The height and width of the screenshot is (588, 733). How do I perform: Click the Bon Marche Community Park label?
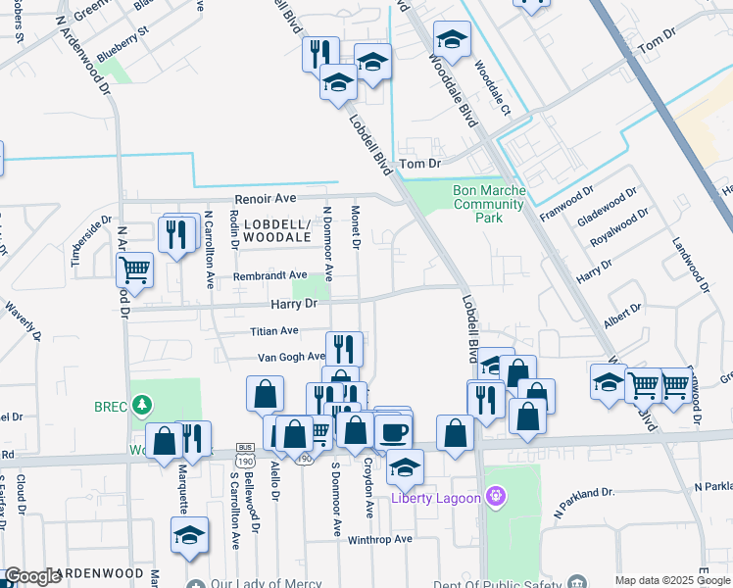(x=491, y=204)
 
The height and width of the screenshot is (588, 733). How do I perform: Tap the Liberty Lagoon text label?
(x=436, y=498)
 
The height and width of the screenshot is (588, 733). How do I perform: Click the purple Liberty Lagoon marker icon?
(x=496, y=498)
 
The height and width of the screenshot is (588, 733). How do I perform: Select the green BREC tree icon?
(x=143, y=404)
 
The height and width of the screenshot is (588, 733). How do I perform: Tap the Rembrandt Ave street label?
(x=269, y=277)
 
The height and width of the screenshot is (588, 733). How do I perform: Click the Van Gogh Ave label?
(x=291, y=358)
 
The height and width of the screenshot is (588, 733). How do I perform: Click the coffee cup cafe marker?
(x=395, y=431)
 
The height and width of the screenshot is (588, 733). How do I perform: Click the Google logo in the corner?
(x=33, y=576)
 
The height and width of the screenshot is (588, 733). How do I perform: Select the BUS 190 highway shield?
(x=246, y=458)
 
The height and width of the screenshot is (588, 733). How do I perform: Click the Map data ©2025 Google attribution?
(x=671, y=580)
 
